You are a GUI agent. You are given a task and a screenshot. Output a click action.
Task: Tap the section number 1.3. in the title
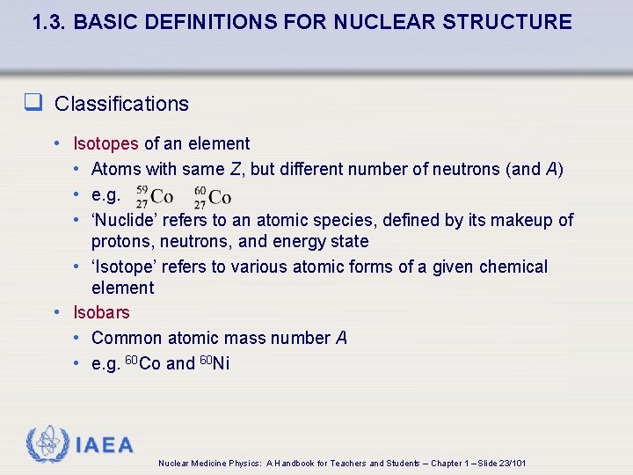click(50, 22)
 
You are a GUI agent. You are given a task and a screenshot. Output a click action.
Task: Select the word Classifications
click(121, 104)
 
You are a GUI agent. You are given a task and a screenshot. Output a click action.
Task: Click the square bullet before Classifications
click(33, 104)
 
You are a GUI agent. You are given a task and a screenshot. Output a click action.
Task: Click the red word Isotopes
click(105, 143)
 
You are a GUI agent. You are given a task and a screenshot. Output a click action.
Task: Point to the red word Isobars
click(101, 312)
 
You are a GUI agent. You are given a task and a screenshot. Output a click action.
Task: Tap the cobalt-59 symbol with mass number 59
click(155, 195)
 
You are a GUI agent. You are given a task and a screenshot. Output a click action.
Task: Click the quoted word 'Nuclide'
click(123, 220)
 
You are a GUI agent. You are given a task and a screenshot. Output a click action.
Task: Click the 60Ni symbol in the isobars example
click(215, 362)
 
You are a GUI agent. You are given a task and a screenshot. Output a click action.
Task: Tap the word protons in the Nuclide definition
click(120, 241)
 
